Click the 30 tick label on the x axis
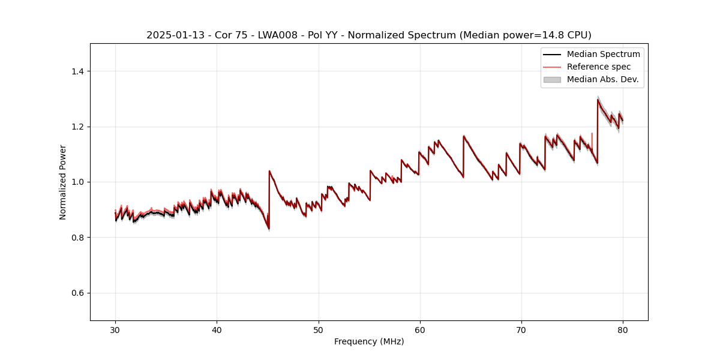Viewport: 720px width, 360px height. [x=115, y=329]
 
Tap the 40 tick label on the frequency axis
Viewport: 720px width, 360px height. [x=217, y=329]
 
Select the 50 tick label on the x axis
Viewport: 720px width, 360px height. [x=319, y=329]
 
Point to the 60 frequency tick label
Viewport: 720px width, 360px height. [x=420, y=329]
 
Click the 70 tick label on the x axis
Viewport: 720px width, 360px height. [x=521, y=329]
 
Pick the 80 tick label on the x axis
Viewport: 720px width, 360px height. [x=623, y=329]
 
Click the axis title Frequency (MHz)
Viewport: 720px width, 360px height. [x=369, y=341]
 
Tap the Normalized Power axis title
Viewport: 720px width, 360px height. [x=63, y=182]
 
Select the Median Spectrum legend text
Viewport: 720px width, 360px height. [x=603, y=54]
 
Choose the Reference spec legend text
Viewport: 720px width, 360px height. [x=598, y=67]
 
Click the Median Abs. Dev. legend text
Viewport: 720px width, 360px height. [x=602, y=79]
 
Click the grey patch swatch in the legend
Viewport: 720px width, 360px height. [x=552, y=79]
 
